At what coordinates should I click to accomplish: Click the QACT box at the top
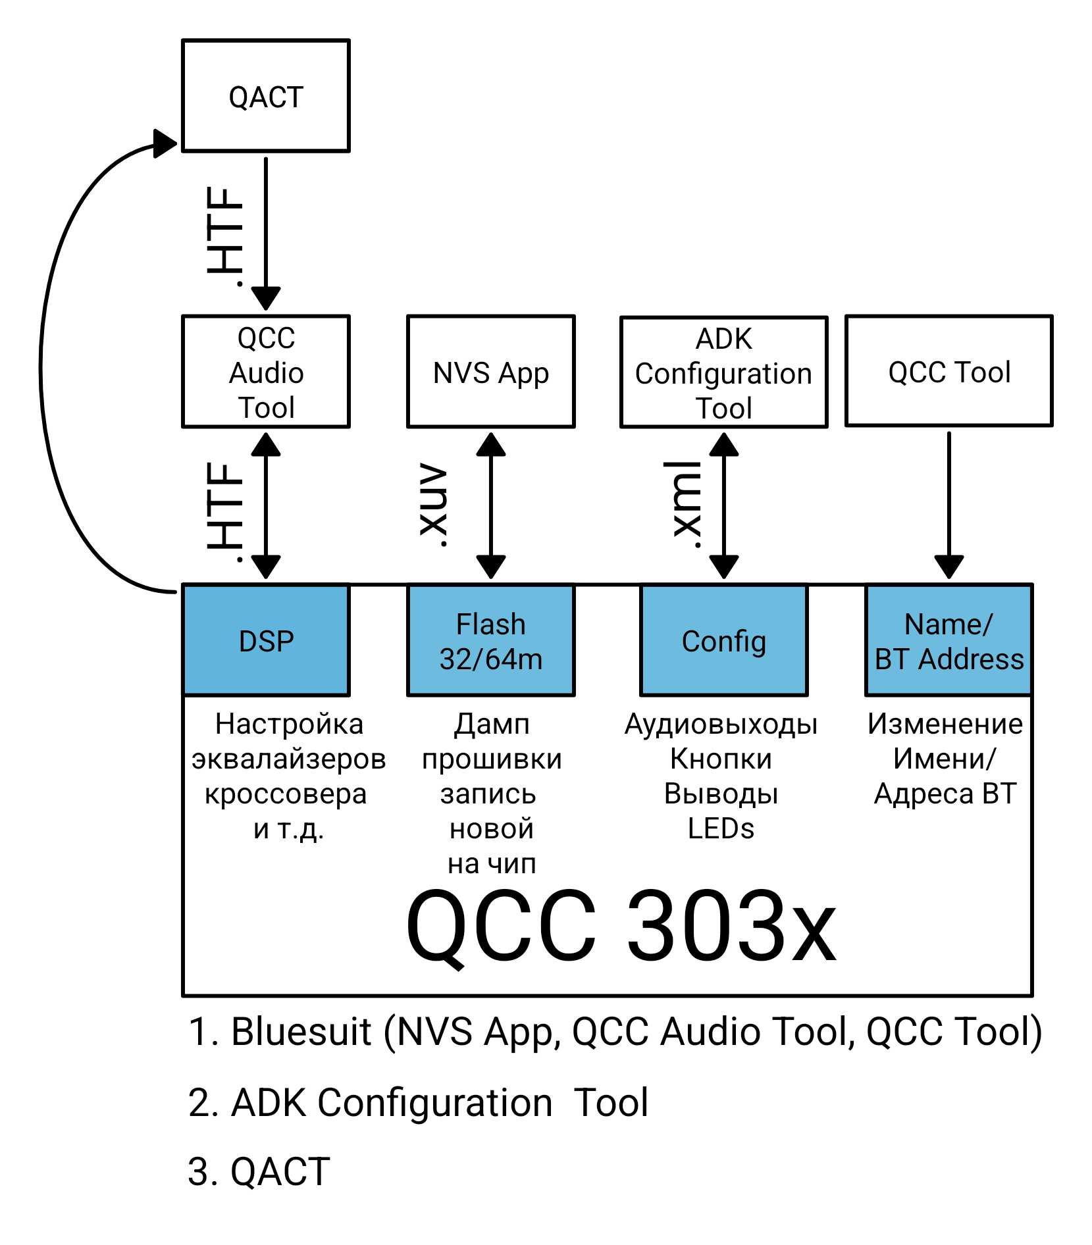point(265,96)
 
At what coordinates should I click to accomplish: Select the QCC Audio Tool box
point(265,372)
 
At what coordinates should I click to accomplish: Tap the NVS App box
point(490,372)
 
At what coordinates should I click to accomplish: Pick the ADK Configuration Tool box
point(723,372)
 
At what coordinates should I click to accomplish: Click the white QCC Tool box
point(949,371)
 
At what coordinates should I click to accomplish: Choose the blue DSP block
point(266,640)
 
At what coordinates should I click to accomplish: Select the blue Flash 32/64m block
point(490,640)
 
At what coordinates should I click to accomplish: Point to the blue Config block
point(723,640)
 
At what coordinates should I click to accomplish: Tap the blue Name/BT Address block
point(949,640)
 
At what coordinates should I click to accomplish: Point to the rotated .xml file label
point(687,505)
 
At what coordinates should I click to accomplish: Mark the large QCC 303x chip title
point(621,926)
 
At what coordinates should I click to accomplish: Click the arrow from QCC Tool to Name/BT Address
point(949,504)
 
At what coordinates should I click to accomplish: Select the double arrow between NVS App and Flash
point(490,505)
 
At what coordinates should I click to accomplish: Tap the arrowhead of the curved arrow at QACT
point(165,143)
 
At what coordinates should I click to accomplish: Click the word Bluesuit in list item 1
point(301,1031)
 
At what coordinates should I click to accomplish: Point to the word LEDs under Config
point(721,828)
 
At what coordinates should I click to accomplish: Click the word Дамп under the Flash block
point(491,724)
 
